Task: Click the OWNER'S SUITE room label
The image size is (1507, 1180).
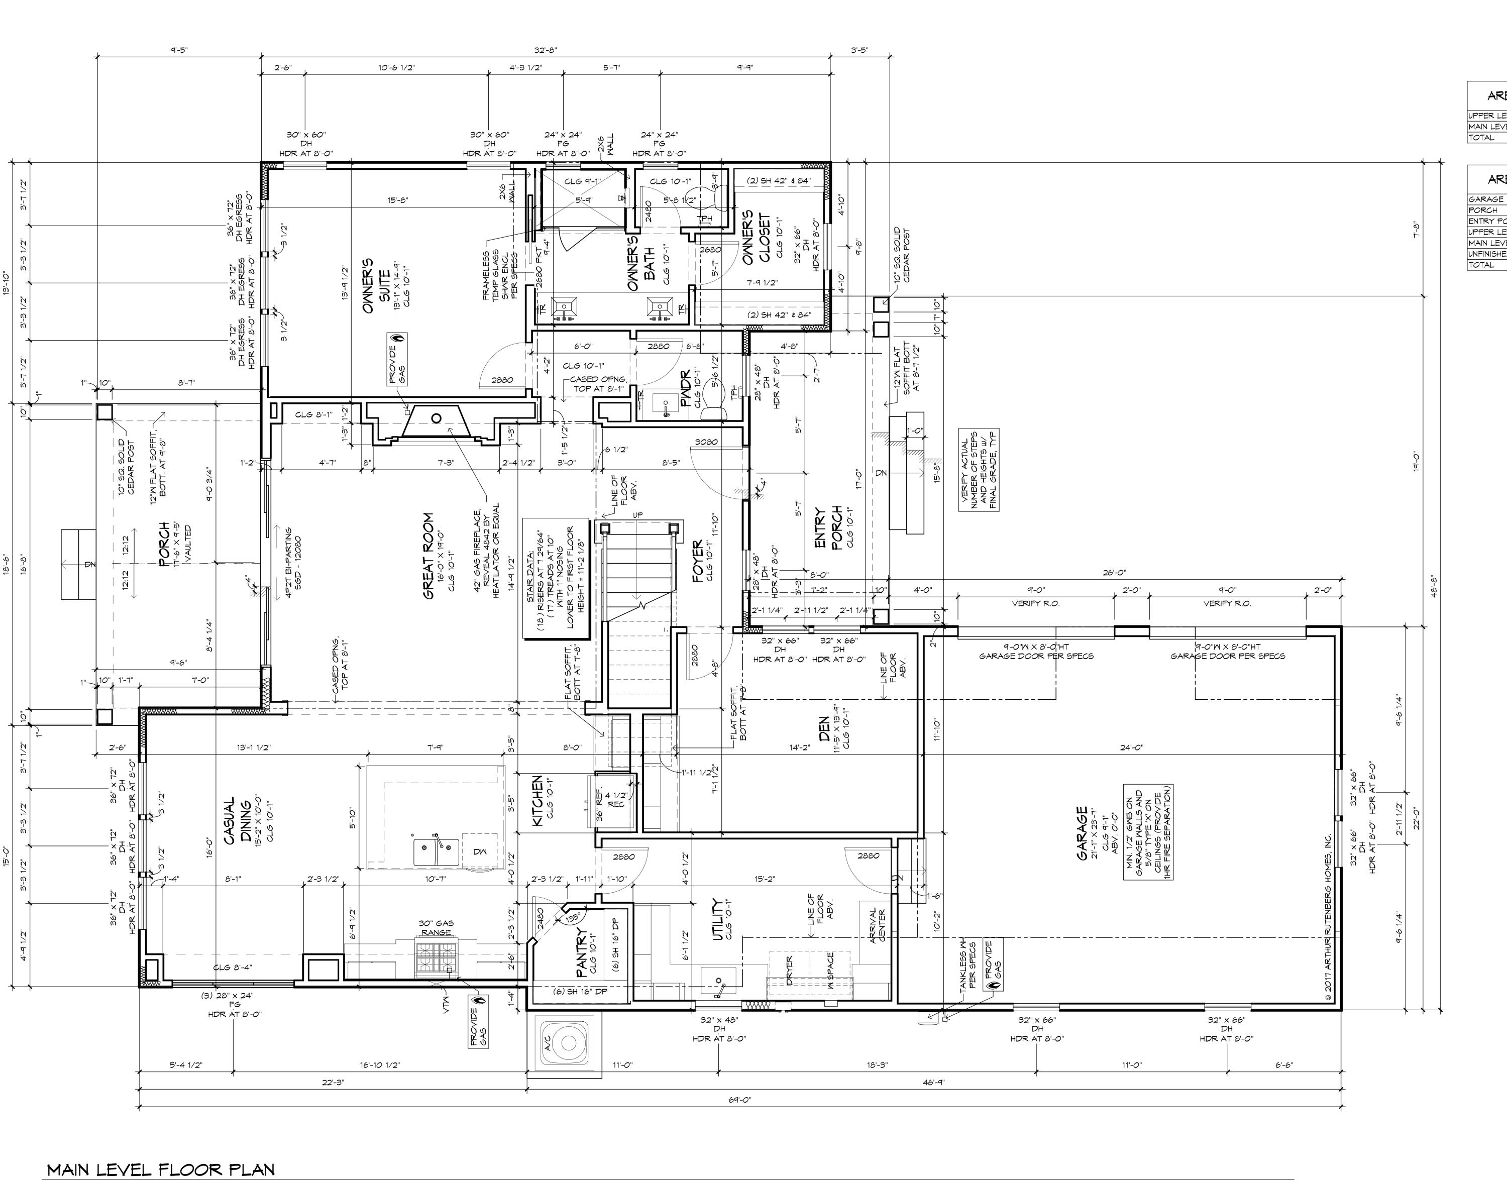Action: pyautogui.click(x=377, y=285)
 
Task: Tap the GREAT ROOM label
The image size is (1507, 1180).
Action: pyautogui.click(x=428, y=556)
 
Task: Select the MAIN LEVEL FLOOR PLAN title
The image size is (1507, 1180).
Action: pyautogui.click(x=160, y=1169)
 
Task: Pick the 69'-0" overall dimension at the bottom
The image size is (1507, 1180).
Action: pyautogui.click(x=738, y=1100)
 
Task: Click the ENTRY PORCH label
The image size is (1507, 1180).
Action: pyautogui.click(x=828, y=528)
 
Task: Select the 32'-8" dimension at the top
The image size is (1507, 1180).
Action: pyautogui.click(x=545, y=50)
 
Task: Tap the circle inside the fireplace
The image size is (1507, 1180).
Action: pyautogui.click(x=436, y=418)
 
